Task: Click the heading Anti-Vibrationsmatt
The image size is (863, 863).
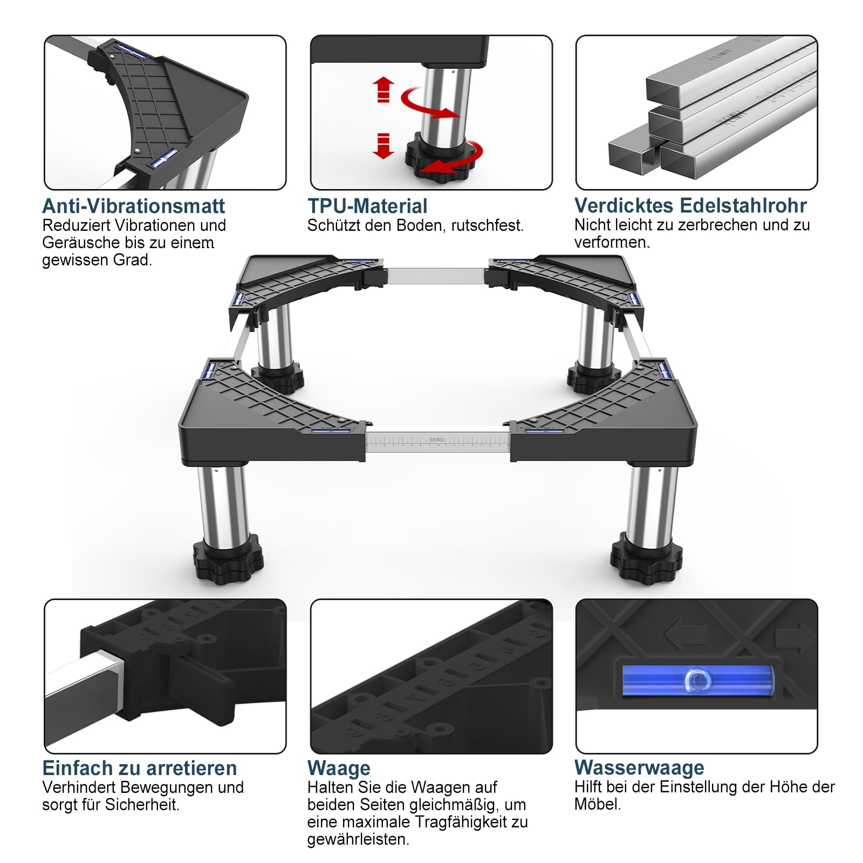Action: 134,206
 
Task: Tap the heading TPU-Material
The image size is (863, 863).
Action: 367,206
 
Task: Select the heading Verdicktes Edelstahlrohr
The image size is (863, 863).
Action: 690,206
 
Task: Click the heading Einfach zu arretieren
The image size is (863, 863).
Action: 140,768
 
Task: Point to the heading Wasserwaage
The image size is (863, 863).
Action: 639,768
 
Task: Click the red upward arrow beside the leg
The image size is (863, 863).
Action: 383,89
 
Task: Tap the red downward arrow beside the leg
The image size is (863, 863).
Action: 383,146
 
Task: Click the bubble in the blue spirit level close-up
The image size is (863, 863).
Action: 696,681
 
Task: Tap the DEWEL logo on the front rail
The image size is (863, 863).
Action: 437,440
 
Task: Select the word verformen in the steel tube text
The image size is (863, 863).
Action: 612,242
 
